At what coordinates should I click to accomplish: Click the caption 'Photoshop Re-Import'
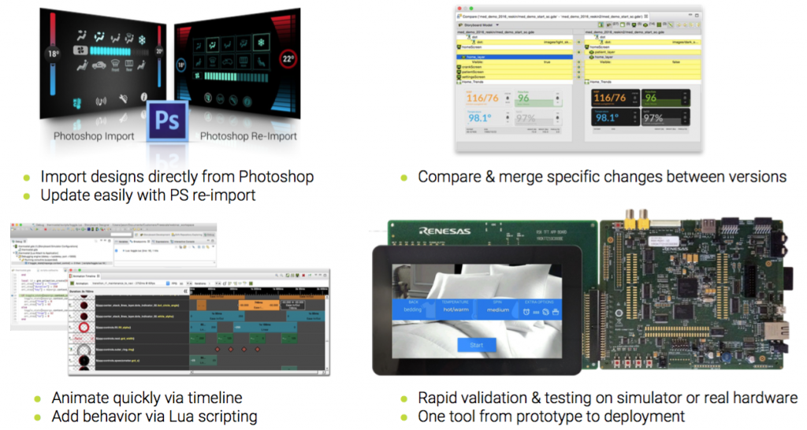click(x=248, y=136)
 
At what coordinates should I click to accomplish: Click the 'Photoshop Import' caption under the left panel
click(x=94, y=136)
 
